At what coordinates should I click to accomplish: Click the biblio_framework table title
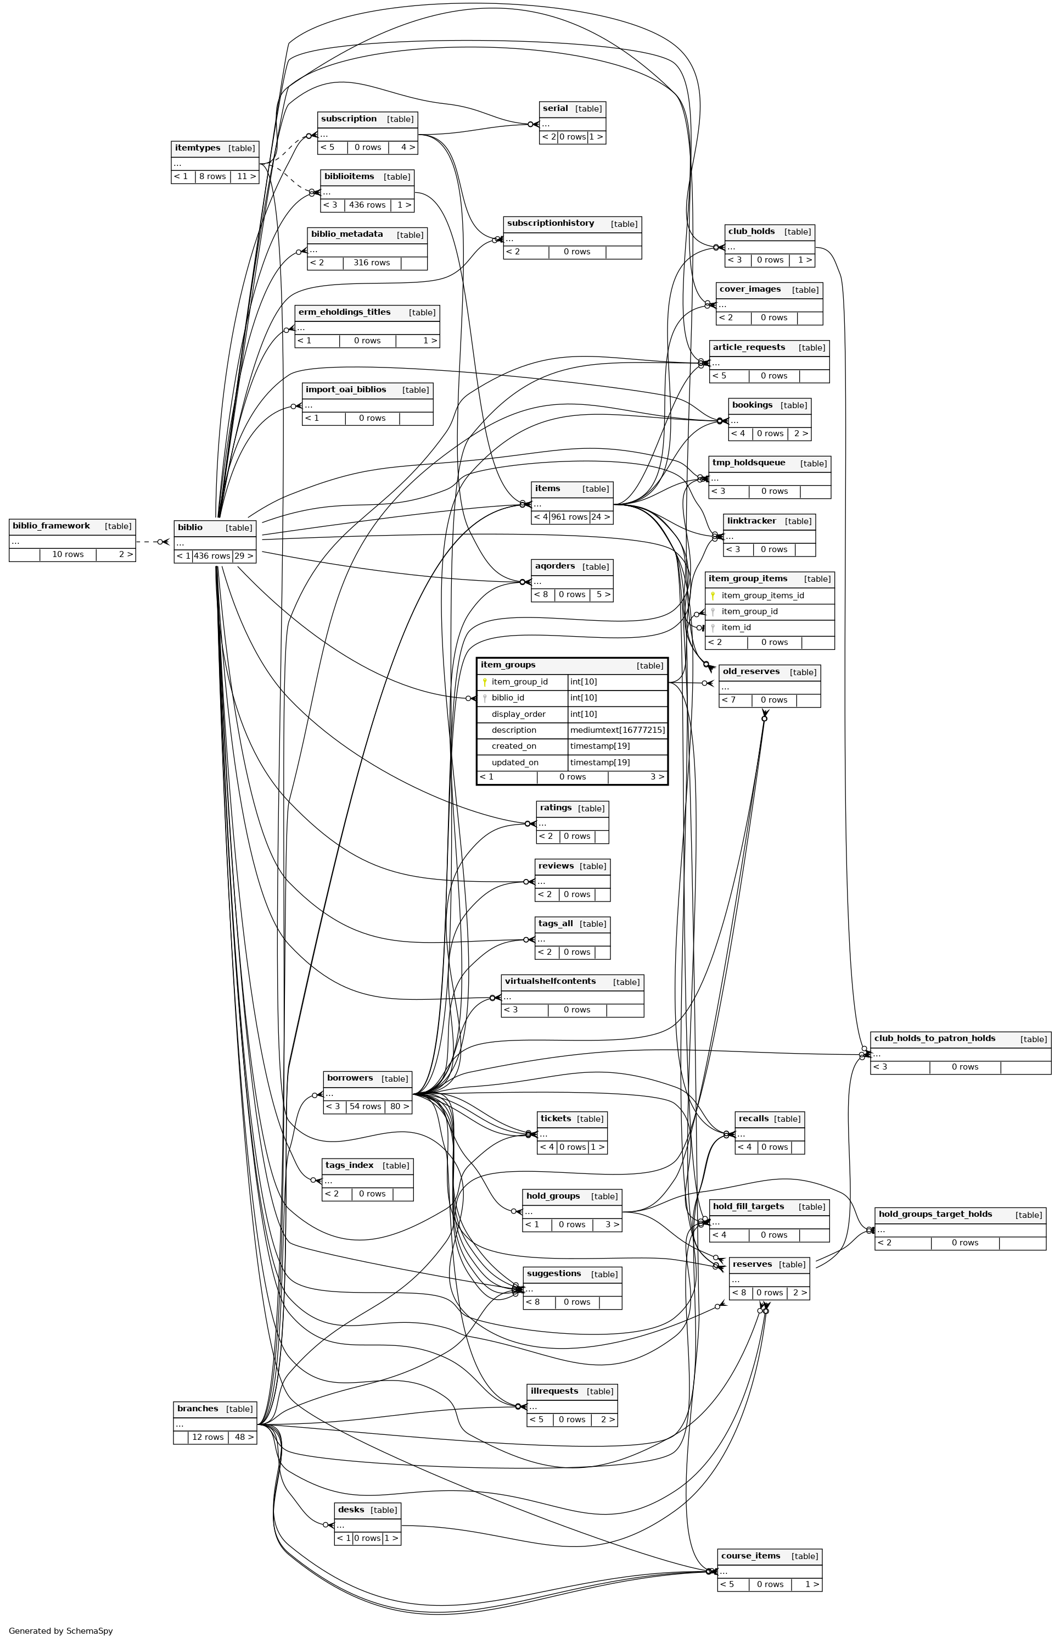tap(52, 526)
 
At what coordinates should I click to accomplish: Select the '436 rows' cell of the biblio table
tap(212, 556)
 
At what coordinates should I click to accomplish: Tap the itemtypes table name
tap(198, 148)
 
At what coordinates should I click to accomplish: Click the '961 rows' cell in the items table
tap(569, 517)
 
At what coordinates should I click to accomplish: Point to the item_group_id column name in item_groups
tap(520, 682)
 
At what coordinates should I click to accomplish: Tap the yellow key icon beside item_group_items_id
tap(713, 596)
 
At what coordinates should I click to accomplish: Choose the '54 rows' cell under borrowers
tap(365, 1106)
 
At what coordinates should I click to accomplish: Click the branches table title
tap(198, 1409)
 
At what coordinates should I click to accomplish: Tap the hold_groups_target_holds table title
tap(935, 1214)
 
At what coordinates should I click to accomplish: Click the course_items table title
tap(750, 1555)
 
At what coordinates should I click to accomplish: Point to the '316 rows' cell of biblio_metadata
tap(372, 263)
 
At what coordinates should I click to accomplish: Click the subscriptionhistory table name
tap(550, 223)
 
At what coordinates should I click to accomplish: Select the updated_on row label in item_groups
tap(515, 762)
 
